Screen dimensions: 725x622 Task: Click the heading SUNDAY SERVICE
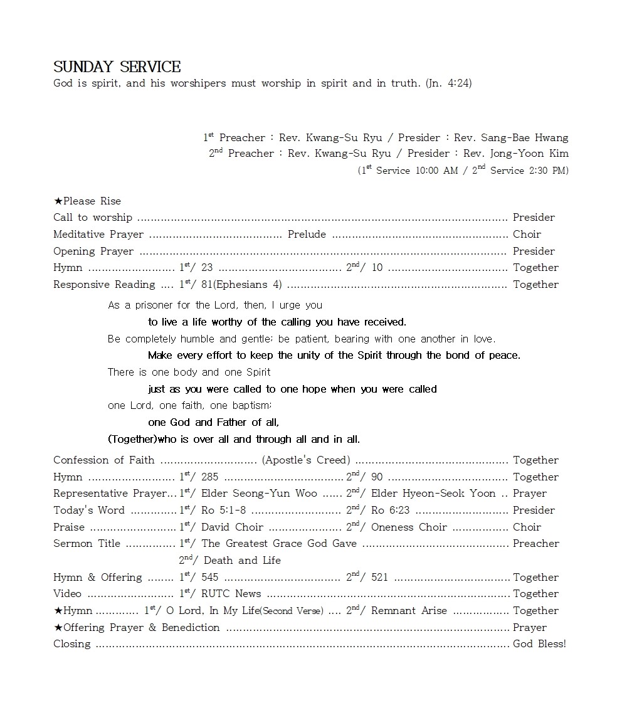pyautogui.click(x=117, y=67)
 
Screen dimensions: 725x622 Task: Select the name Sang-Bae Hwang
pyautogui.click(x=525, y=138)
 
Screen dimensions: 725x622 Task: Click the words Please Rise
pyautogui.click(x=92, y=201)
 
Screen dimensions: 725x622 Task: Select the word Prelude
pyautogui.click(x=307, y=235)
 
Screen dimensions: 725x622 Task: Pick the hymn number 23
pyautogui.click(x=207, y=268)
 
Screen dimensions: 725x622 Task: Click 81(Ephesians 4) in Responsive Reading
pyautogui.click(x=241, y=285)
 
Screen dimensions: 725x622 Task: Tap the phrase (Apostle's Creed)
pyautogui.click(x=306, y=460)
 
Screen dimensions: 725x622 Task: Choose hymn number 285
pyautogui.click(x=209, y=477)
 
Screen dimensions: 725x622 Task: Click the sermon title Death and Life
pyautogui.click(x=242, y=561)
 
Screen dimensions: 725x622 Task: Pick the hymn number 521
pyautogui.click(x=379, y=578)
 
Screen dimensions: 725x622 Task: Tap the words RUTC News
pyautogui.click(x=231, y=594)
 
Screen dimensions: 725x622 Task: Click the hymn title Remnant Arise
pyautogui.click(x=409, y=611)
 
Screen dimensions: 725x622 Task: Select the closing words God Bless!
pyautogui.click(x=539, y=644)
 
